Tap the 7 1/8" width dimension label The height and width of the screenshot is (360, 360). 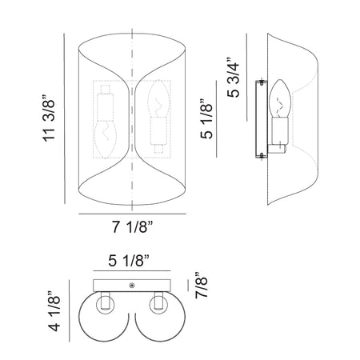click(x=133, y=227)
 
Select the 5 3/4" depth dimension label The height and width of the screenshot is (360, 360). click(x=233, y=78)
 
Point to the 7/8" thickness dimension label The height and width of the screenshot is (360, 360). click(x=202, y=286)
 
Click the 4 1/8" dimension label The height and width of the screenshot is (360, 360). click(x=54, y=311)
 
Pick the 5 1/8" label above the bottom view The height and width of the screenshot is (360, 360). click(x=129, y=260)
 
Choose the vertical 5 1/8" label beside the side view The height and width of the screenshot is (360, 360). click(x=206, y=119)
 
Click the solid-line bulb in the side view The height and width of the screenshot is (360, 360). click(x=279, y=98)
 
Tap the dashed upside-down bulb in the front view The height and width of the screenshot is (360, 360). click(x=106, y=138)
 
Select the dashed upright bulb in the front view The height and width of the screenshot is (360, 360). click(x=159, y=98)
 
